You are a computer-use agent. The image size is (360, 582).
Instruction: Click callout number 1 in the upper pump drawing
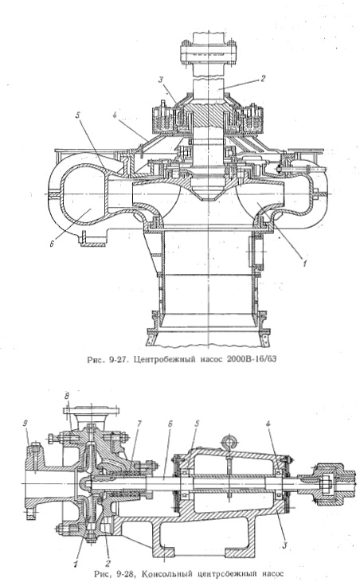pyautogui.click(x=304, y=264)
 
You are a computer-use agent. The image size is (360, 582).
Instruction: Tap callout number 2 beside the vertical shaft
pyautogui.click(x=262, y=79)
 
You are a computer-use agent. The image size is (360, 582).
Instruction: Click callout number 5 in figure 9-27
pyautogui.click(x=78, y=115)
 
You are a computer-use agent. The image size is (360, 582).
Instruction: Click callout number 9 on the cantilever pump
pyautogui.click(x=25, y=424)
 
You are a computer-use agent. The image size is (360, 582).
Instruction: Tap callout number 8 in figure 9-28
pyautogui.click(x=67, y=396)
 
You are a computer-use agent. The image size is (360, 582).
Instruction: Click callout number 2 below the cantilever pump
pyautogui.click(x=109, y=564)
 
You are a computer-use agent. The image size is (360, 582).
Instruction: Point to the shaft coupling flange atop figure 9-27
pyautogui.click(x=208, y=53)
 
